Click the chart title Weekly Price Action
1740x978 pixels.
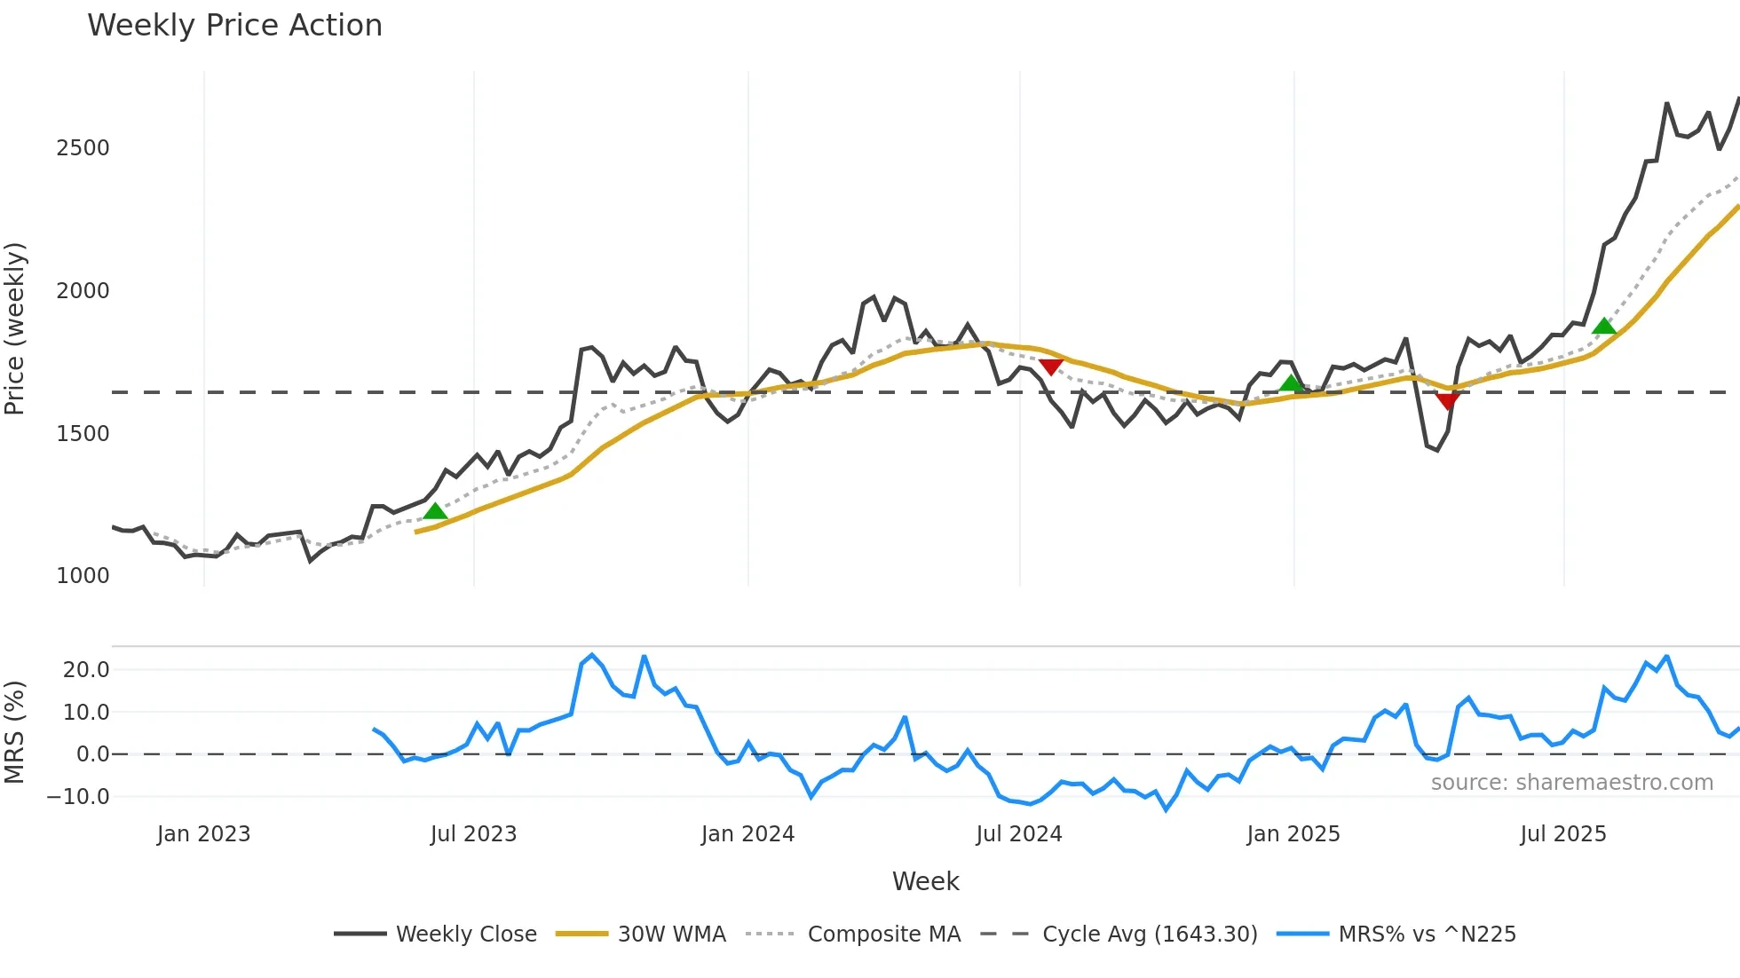pos(234,26)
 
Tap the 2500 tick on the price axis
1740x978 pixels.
pos(83,148)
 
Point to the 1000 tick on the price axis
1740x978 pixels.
pos(83,576)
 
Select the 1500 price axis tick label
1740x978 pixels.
pos(83,434)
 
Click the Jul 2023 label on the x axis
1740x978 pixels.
pos(473,834)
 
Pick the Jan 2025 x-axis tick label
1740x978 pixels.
pos(1293,834)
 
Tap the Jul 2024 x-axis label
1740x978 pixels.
pos(1018,834)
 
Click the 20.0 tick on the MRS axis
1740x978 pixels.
pos(86,670)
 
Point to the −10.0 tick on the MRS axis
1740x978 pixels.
pos(78,797)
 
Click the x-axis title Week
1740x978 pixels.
pos(925,881)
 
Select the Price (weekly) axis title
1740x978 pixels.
pos(15,328)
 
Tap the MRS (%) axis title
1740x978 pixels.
pos(15,732)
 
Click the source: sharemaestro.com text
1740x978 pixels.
pos(1571,783)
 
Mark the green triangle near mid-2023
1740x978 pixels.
pos(435,511)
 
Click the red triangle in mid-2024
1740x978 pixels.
pos(1050,367)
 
